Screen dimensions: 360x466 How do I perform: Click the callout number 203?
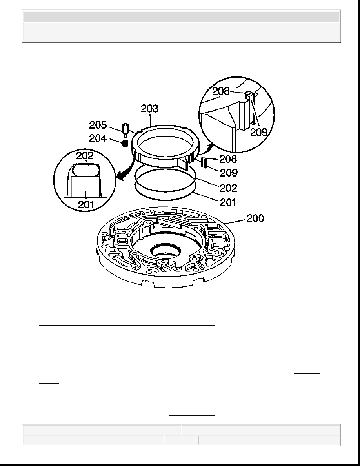149,109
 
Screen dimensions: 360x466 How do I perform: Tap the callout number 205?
98,125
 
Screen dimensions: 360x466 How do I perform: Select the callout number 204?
98,138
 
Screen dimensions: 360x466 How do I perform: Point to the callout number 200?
255,218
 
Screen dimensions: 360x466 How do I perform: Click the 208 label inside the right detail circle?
221,91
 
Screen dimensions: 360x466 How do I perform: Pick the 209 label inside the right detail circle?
259,132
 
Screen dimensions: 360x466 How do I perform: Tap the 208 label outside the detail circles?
228,159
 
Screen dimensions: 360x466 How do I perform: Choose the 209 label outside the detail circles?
228,172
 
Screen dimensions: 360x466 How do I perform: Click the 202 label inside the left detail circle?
85,156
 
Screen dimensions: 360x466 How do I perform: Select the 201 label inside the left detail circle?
86,204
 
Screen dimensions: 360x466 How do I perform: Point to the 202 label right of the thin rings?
228,188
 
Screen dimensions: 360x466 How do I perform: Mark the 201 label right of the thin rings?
228,202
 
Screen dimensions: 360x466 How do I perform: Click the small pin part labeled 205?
125,131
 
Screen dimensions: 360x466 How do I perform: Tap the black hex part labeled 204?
125,144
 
